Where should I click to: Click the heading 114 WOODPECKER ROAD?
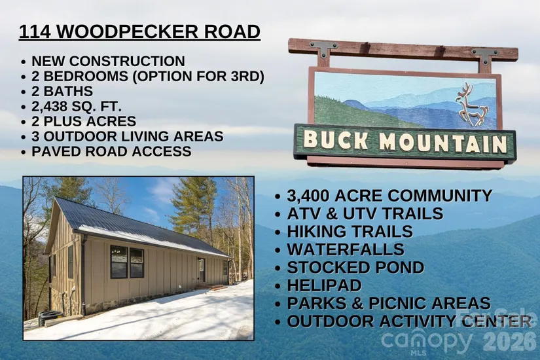[x=139, y=31]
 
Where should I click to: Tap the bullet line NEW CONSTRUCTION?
[x=108, y=62]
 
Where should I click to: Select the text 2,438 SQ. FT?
[x=77, y=107]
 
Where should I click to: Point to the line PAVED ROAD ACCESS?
[x=111, y=152]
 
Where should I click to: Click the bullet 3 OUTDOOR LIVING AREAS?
[x=128, y=136]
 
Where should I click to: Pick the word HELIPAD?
[x=324, y=285]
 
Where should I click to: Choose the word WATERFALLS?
[x=346, y=249]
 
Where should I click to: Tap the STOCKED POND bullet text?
[x=355, y=267]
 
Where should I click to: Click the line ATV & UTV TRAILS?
[x=365, y=213]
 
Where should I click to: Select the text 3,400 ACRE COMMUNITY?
[x=389, y=196]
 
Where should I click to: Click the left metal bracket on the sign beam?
[x=324, y=49]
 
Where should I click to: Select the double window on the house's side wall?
[x=127, y=262]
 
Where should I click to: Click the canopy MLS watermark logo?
[x=426, y=342]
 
